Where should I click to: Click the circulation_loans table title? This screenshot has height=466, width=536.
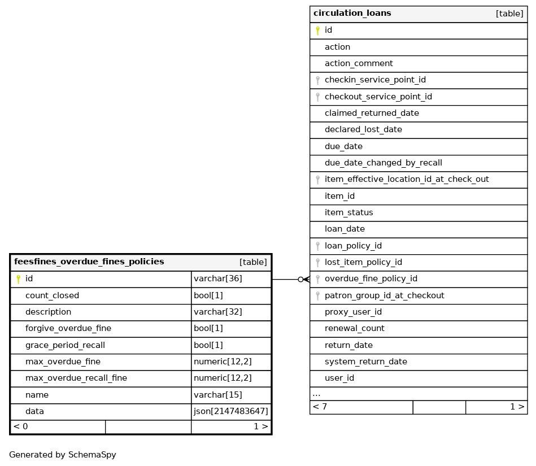(x=352, y=14)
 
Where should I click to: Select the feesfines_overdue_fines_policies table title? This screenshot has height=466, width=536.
(x=89, y=262)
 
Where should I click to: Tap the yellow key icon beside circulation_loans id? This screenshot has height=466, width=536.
(x=317, y=31)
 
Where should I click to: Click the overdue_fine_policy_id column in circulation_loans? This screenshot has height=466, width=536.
(x=371, y=279)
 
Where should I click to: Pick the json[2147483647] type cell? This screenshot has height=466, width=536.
(x=230, y=412)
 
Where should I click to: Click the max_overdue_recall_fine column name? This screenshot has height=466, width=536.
(x=76, y=378)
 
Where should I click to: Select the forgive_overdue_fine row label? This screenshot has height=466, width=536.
(x=68, y=329)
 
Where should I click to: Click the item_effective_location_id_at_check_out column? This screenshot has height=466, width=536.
(x=407, y=180)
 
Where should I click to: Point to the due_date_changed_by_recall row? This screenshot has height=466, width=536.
(x=383, y=163)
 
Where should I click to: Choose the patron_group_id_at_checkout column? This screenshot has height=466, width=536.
(x=384, y=295)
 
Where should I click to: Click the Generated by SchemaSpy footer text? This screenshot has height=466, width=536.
(x=63, y=455)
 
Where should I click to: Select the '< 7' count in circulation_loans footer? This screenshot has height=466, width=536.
(x=320, y=407)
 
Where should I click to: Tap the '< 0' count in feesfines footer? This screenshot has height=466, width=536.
(x=21, y=426)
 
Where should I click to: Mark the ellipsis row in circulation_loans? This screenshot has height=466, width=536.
(x=316, y=394)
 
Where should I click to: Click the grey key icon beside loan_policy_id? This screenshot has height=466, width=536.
(x=317, y=246)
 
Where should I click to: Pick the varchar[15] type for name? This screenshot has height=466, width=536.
(x=218, y=395)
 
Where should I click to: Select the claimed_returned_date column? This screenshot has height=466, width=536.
(x=372, y=114)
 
